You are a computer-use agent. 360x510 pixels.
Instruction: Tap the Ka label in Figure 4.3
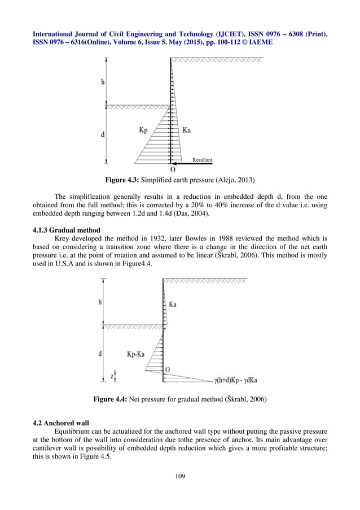[x=187, y=130]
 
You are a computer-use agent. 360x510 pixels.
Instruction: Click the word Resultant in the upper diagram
[x=203, y=160]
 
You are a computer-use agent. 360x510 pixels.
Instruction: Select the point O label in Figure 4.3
[x=172, y=169]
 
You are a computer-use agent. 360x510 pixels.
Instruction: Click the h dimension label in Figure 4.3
[x=103, y=82]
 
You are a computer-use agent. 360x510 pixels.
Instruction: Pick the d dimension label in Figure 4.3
[x=102, y=134]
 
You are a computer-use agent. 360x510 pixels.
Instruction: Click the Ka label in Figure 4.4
[x=173, y=304]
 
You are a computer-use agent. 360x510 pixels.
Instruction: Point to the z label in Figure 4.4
[x=112, y=375]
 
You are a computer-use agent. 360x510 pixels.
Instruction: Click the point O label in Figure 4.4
[x=167, y=370]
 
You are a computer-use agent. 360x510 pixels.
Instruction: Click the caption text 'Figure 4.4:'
[x=111, y=400]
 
